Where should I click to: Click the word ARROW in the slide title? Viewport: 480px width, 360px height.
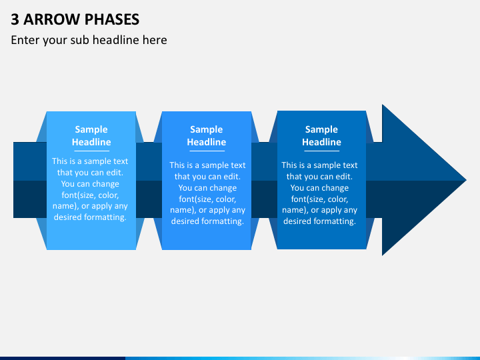point(51,19)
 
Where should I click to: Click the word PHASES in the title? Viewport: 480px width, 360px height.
point(112,19)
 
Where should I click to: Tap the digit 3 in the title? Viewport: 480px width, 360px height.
point(15,19)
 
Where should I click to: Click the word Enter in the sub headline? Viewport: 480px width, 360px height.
point(25,40)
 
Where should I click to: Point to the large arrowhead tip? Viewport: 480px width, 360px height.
point(466,180)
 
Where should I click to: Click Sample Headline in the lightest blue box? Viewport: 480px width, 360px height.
point(91,135)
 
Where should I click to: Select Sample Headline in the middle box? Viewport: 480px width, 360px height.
point(206,135)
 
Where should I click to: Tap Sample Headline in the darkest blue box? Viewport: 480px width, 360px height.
point(321,135)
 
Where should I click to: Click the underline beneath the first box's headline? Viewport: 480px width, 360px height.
point(91,151)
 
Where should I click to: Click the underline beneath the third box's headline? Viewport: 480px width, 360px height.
point(322,151)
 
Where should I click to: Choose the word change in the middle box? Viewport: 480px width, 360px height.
point(222,187)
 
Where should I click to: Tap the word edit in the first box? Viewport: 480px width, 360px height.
point(115,173)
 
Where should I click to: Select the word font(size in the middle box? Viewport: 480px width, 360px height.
point(197,199)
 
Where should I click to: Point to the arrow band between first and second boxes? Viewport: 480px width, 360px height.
point(149,180)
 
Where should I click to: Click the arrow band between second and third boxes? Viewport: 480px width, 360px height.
point(264,180)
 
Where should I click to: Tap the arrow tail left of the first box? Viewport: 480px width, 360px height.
point(30,180)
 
